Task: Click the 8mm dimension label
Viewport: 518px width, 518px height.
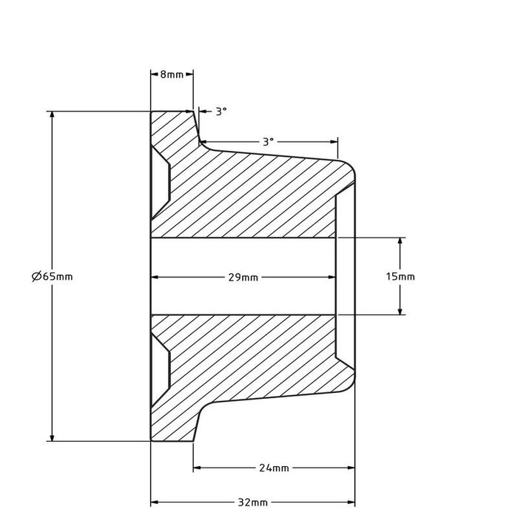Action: coord(172,75)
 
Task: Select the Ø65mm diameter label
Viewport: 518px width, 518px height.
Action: coord(53,276)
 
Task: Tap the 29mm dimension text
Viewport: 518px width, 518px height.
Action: coord(243,277)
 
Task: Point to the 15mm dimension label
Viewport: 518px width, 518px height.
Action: coord(400,276)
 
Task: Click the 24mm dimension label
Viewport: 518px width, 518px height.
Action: coord(274,468)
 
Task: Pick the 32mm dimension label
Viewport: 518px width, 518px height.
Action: coord(253,502)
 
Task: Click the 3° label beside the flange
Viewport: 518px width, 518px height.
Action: coord(221,111)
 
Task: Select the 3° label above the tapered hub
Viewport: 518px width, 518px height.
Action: coord(268,142)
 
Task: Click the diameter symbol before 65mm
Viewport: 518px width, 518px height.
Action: coord(36,276)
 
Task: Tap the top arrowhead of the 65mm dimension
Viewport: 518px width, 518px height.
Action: coord(52,115)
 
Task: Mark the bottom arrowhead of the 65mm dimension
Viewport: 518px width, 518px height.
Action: coord(52,437)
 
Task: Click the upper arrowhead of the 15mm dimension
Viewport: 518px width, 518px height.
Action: coord(400,241)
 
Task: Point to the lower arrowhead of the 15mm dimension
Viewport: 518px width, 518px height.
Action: coord(400,311)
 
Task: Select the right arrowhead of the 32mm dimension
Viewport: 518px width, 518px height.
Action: coord(351,502)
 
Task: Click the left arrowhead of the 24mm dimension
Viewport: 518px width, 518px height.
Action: coord(198,468)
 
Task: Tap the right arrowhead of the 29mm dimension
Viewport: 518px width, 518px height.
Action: coord(332,277)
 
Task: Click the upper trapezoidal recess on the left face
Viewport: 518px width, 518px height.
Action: coord(160,183)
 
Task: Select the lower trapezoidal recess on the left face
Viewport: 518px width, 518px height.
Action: coord(160,370)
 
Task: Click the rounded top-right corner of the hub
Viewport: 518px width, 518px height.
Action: coord(350,167)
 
